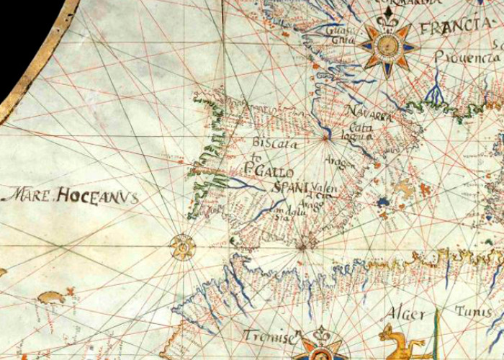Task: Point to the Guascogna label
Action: (336, 35)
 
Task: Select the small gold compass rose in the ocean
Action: (183, 248)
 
